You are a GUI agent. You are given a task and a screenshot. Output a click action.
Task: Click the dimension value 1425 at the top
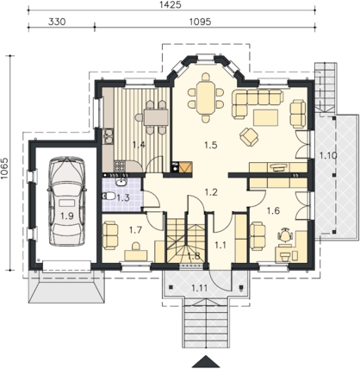tap(171, 4)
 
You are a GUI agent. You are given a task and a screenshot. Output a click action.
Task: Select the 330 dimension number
tap(57, 22)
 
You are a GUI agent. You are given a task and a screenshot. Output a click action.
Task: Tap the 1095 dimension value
tap(201, 22)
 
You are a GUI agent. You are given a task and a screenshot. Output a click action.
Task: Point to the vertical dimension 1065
tap(4, 169)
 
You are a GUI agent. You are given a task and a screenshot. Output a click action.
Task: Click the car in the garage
tap(67, 201)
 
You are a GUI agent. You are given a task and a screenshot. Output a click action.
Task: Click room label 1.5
tap(210, 145)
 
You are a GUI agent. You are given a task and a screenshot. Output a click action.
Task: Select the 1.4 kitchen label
tap(139, 145)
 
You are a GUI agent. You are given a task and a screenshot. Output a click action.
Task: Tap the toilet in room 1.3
tap(108, 197)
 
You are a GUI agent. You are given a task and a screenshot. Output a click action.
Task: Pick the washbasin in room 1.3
tap(121, 181)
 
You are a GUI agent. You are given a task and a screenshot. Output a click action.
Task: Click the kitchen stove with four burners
tap(120, 166)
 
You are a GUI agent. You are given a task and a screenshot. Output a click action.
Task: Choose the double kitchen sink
tap(109, 136)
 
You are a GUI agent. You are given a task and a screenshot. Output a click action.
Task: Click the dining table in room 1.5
tap(205, 97)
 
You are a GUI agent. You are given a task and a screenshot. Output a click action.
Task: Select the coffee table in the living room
tap(266, 117)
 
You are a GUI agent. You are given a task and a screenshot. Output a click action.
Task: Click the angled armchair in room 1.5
tap(249, 136)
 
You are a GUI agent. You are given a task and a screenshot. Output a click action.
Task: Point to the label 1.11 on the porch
tap(199, 287)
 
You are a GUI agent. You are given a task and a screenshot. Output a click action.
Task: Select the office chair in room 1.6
tap(285, 235)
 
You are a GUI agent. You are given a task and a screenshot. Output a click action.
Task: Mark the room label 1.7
tap(135, 230)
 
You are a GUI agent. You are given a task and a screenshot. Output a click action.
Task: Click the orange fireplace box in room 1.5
tap(186, 167)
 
